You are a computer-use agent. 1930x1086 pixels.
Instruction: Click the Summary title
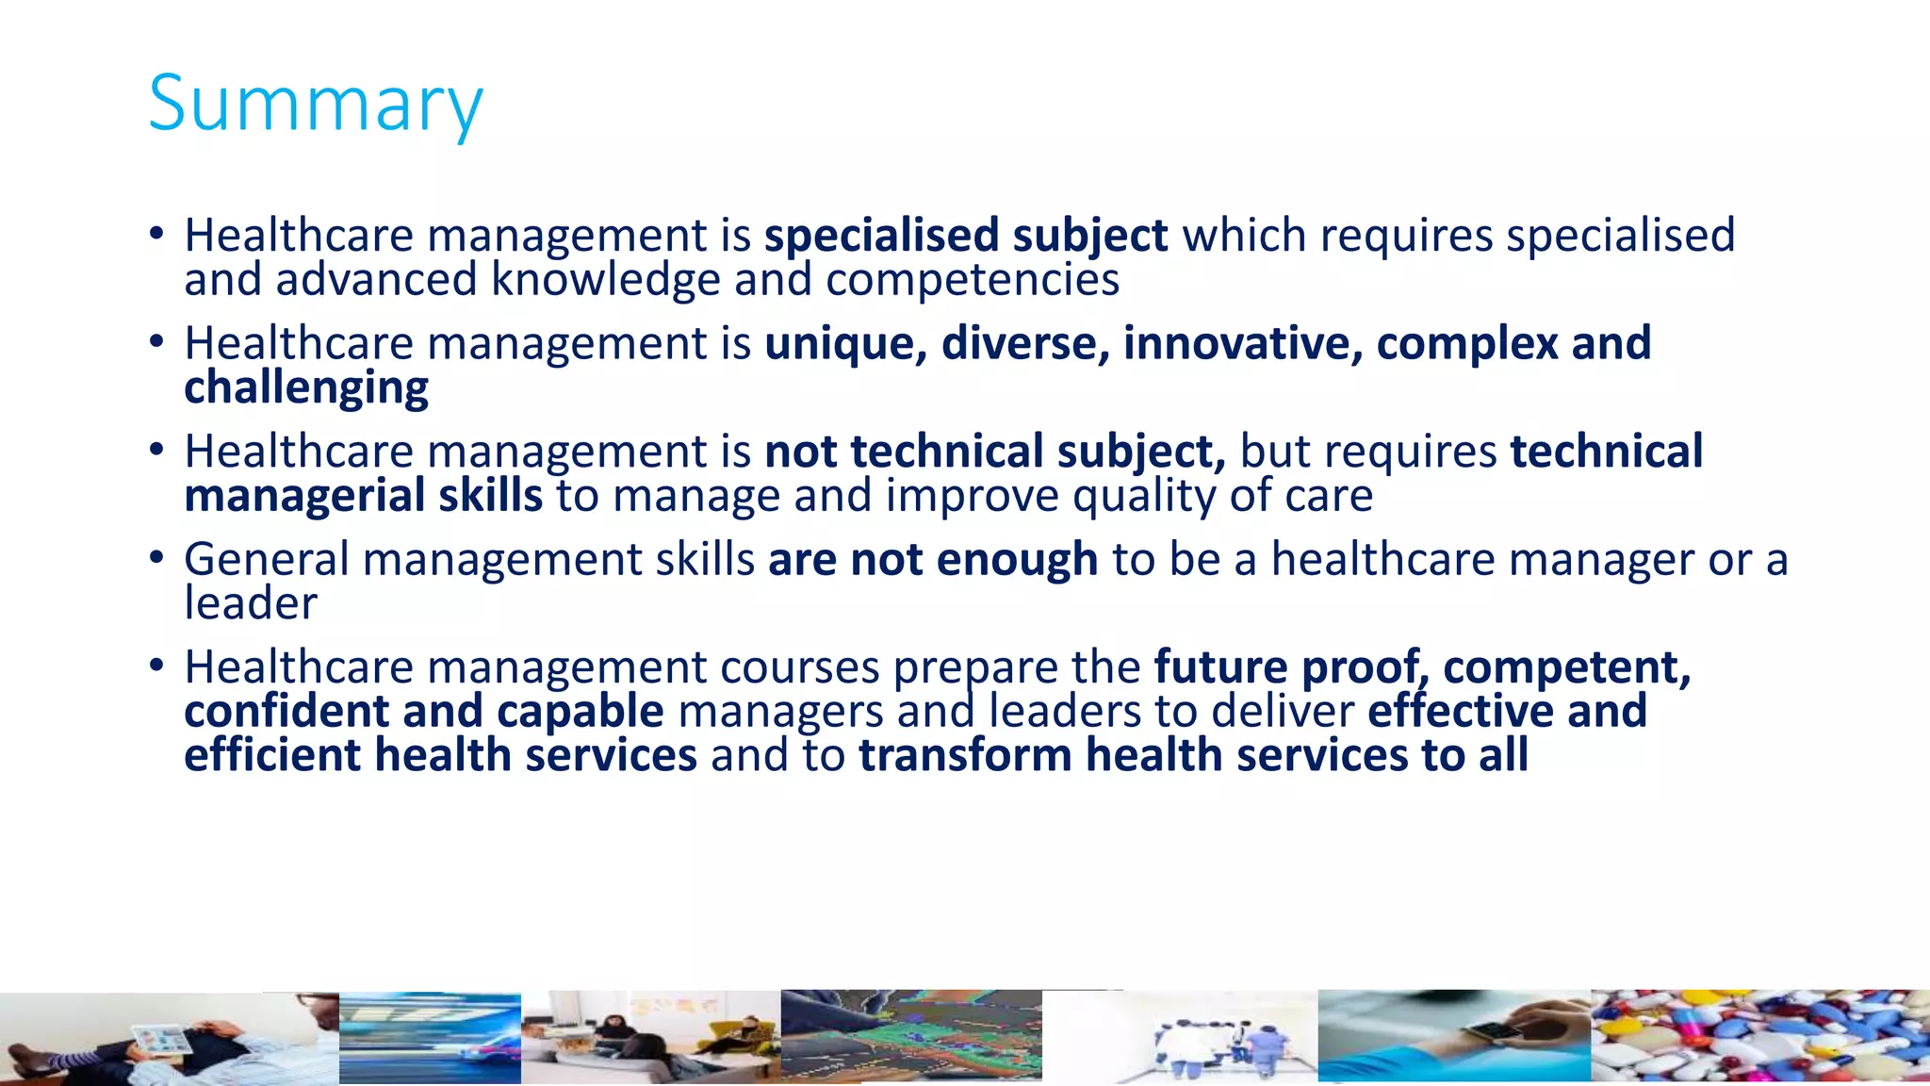(x=316, y=104)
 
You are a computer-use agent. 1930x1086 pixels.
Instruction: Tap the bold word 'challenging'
(x=306, y=387)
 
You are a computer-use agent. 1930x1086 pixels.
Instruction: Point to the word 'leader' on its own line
(x=251, y=603)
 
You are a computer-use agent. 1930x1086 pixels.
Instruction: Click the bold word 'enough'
(x=1017, y=560)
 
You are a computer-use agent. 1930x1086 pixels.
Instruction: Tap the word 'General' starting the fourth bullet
(x=267, y=560)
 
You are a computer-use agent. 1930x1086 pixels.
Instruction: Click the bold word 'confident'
(x=286, y=712)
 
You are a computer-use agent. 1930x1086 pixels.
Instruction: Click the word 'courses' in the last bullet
(x=800, y=667)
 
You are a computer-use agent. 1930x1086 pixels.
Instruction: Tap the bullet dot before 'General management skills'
(x=156, y=557)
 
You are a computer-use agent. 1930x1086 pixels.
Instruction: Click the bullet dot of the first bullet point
(x=156, y=233)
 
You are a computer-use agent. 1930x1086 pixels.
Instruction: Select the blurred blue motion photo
(x=430, y=1037)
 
